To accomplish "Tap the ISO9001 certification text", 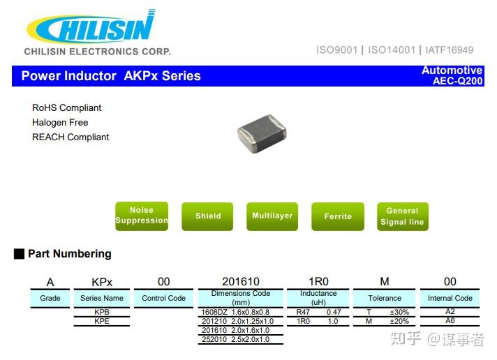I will click(x=336, y=50).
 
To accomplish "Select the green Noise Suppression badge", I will click(x=142, y=216).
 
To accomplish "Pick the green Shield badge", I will click(x=207, y=216).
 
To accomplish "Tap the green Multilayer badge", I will click(x=272, y=216).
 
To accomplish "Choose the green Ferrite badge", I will click(x=338, y=216).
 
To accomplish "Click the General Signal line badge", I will click(x=402, y=216).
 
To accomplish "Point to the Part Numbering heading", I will click(x=69, y=254).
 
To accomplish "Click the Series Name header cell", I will click(x=102, y=298).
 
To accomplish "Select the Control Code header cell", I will click(x=163, y=298).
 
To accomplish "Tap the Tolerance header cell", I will click(x=385, y=298).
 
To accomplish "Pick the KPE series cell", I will click(x=102, y=322).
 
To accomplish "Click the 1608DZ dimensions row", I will click(x=240, y=312).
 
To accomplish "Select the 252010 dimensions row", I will click(x=240, y=339).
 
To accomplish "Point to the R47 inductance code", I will click(x=303, y=312).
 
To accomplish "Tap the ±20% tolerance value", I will click(x=399, y=322).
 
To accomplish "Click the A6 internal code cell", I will click(x=450, y=322).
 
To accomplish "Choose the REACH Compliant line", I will click(x=71, y=137).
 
